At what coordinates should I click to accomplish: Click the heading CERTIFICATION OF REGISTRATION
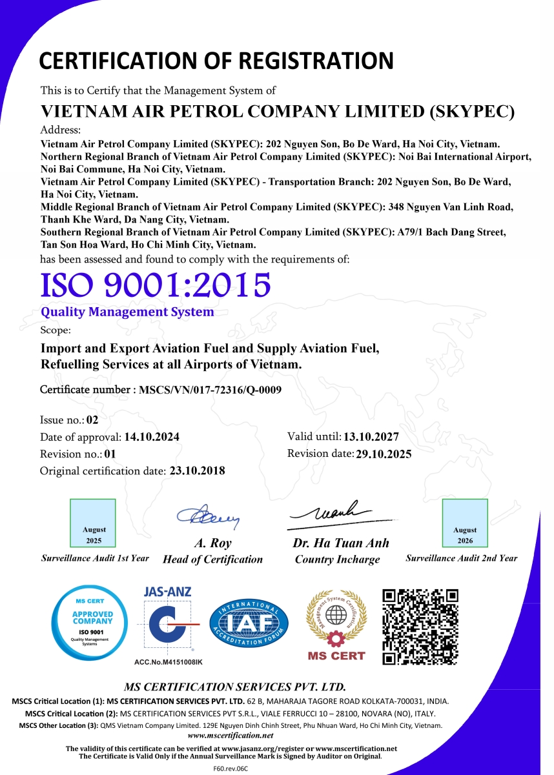(x=216, y=61)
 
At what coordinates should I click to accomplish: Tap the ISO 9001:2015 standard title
(x=155, y=285)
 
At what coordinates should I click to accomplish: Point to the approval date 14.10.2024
(x=152, y=437)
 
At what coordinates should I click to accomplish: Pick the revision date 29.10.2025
(x=383, y=454)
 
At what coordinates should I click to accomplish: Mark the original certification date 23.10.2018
(x=197, y=470)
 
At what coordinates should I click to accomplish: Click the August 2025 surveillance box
(x=93, y=523)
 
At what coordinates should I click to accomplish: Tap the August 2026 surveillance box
(x=465, y=523)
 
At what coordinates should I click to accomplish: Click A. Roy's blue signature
(x=209, y=516)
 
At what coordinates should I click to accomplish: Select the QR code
(x=420, y=627)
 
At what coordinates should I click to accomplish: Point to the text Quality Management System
(x=127, y=312)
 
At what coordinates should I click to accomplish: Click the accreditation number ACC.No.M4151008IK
(x=168, y=662)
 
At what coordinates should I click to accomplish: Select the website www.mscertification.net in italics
(x=231, y=735)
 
